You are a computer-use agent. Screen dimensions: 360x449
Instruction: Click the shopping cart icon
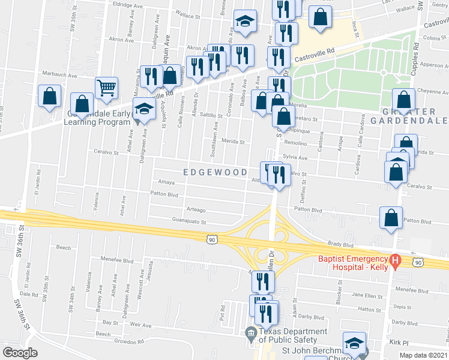pos(106,88)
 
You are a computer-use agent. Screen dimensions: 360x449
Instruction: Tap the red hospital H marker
pos(395,261)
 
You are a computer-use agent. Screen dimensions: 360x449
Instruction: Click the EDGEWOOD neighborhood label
pos(215,172)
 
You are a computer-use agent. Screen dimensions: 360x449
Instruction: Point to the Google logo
pos(20,353)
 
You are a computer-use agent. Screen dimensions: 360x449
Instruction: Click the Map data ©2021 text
pos(423,355)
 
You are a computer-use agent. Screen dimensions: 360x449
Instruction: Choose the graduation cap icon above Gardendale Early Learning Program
pos(144,109)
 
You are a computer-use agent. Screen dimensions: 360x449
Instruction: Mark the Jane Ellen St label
pos(366,295)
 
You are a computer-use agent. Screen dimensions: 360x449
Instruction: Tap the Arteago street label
pos(196,210)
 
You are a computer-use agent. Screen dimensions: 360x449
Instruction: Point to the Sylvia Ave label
pos(295,158)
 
